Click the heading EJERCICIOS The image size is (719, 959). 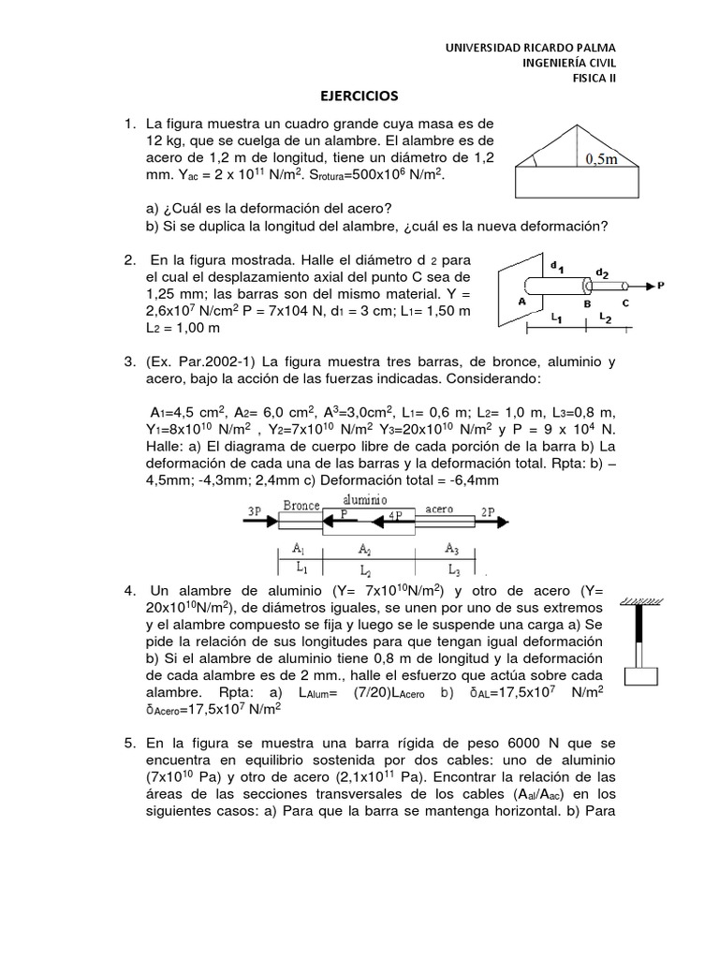[x=359, y=96]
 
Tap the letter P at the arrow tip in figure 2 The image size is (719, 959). [x=661, y=284]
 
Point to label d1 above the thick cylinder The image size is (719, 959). [x=557, y=267]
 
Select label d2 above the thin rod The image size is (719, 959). [x=604, y=274]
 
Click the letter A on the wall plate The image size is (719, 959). [x=521, y=301]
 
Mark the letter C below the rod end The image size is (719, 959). [x=625, y=303]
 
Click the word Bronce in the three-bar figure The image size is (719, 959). [x=301, y=505]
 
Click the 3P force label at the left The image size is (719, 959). [x=254, y=510]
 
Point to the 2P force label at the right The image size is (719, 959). [x=488, y=510]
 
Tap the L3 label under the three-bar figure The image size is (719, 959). [x=453, y=568]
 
